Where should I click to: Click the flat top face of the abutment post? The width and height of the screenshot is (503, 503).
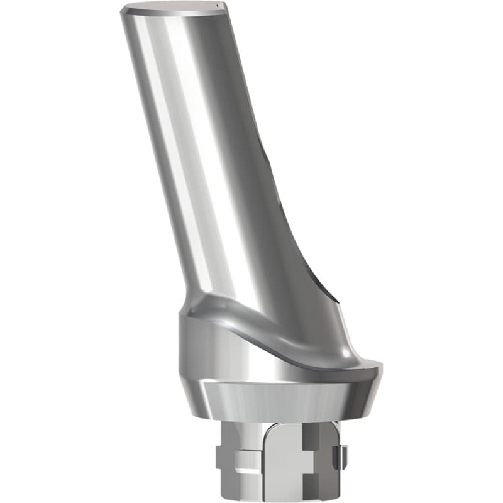(173, 8)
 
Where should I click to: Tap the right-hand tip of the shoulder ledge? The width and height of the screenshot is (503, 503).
(379, 363)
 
